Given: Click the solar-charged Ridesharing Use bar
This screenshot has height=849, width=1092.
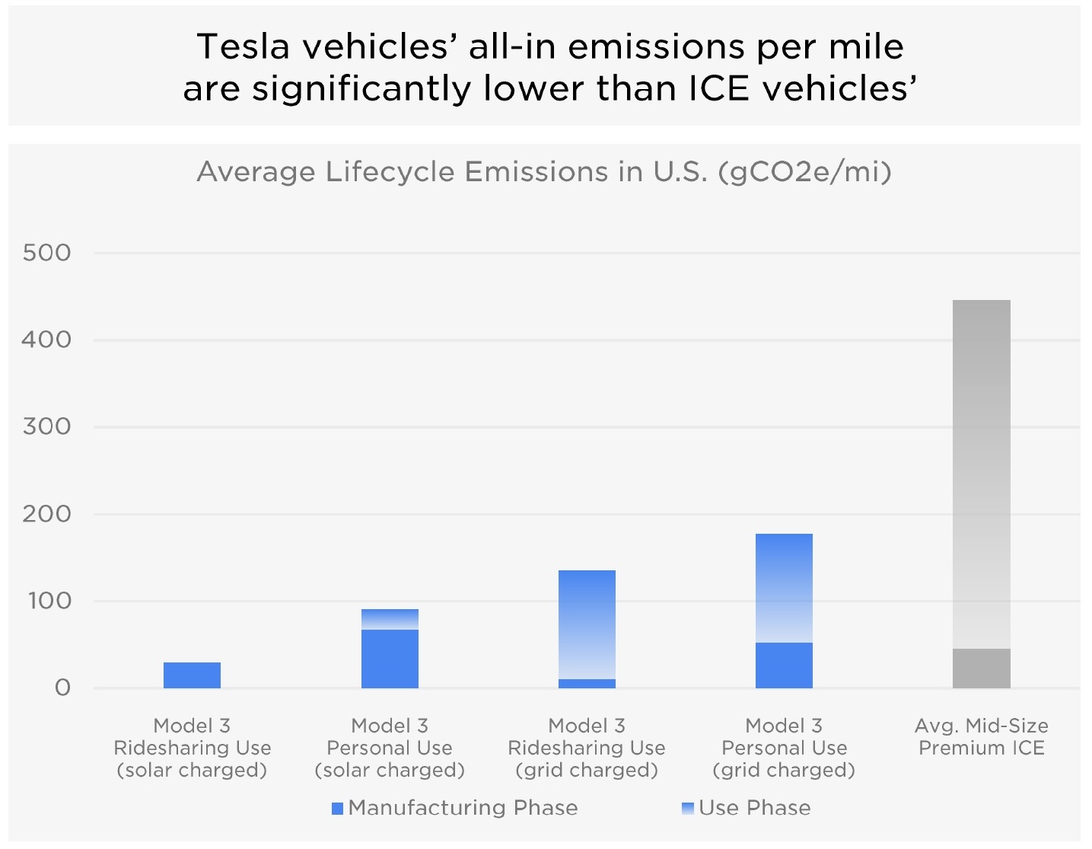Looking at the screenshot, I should [x=192, y=675].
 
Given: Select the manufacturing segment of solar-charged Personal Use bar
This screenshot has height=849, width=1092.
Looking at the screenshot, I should [x=390, y=659].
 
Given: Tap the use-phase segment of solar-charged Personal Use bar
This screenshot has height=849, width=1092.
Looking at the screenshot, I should [x=390, y=619].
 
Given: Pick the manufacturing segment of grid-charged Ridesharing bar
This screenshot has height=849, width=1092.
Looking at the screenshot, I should [x=587, y=684].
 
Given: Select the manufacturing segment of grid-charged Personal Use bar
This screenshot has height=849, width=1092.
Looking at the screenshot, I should [x=784, y=665].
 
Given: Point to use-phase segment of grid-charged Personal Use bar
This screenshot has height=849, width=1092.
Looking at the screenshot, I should [x=784, y=588].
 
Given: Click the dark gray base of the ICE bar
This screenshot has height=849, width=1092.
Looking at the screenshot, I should [x=981, y=669].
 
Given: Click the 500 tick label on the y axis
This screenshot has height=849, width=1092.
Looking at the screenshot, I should [x=46, y=253].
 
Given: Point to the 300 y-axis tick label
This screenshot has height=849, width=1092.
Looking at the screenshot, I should [x=46, y=426].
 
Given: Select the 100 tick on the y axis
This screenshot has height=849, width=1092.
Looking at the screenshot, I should [x=49, y=601].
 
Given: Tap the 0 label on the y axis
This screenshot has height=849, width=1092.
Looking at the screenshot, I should [x=62, y=688].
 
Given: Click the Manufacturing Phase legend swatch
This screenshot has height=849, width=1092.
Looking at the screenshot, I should [x=337, y=808].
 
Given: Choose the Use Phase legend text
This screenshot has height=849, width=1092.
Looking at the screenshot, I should [x=754, y=808].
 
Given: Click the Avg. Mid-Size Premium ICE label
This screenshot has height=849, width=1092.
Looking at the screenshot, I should [x=981, y=736].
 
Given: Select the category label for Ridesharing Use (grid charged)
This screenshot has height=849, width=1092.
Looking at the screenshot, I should [x=587, y=748].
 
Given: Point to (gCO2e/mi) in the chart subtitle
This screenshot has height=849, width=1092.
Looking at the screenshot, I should [x=804, y=171].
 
